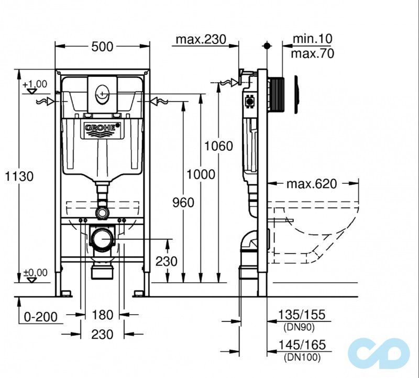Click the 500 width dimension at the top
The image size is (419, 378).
(102, 47)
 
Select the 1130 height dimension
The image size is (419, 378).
(20, 176)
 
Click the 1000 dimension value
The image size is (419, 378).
(201, 174)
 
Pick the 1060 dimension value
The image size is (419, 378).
(218, 146)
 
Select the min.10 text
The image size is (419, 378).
(312, 39)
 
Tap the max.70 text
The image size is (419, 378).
(313, 53)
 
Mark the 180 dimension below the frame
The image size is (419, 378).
(102, 315)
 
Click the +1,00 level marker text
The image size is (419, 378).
(35, 84)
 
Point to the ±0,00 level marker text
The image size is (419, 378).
(35, 272)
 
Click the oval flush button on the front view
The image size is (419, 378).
(101, 94)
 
